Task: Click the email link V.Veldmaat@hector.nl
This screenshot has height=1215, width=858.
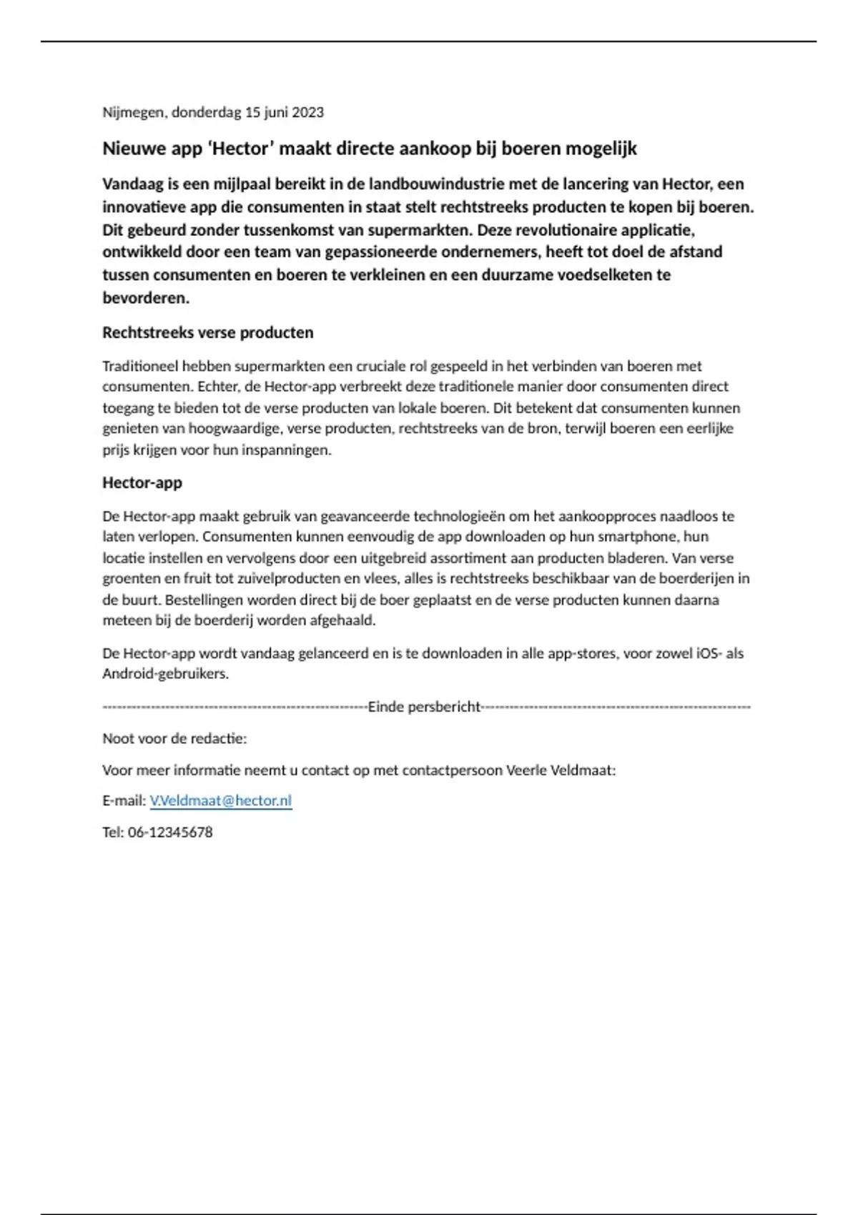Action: (x=220, y=800)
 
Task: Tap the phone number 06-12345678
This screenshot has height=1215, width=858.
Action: (x=170, y=832)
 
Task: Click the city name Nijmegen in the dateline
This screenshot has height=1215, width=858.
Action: (x=134, y=112)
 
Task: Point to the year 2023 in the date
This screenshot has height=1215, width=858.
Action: (x=307, y=112)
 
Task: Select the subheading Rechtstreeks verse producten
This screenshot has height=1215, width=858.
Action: (x=208, y=332)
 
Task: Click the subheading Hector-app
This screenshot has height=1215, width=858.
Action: (x=142, y=482)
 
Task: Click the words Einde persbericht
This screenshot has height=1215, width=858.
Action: (x=425, y=707)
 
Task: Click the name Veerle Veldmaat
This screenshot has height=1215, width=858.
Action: (x=561, y=770)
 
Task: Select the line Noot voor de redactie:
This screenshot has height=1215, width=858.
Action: (x=174, y=738)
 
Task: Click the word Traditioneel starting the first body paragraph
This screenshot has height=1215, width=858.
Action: (x=140, y=366)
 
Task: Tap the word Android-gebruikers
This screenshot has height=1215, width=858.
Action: (x=164, y=673)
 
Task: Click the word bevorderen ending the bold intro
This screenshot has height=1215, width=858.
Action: (x=145, y=298)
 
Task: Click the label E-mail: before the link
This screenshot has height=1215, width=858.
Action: (x=124, y=800)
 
